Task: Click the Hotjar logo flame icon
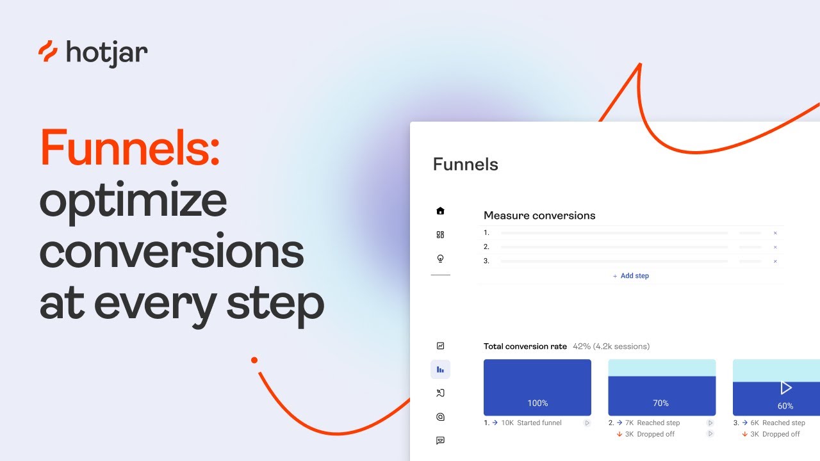click(x=48, y=52)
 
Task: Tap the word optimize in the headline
click(x=133, y=200)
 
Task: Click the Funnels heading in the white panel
click(x=465, y=165)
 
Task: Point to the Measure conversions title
click(x=539, y=216)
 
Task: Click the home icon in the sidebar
click(x=440, y=211)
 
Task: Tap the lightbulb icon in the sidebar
click(x=440, y=259)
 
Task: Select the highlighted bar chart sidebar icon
click(x=440, y=369)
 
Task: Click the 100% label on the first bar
click(x=537, y=403)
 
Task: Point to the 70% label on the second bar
click(x=660, y=403)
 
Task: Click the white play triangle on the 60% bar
click(x=786, y=387)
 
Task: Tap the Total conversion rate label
click(x=525, y=346)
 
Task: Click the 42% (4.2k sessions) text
click(x=611, y=346)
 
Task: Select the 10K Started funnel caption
click(x=530, y=423)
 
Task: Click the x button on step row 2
click(x=775, y=247)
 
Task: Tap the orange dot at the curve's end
click(x=254, y=360)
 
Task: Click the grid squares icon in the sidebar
click(x=440, y=235)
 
